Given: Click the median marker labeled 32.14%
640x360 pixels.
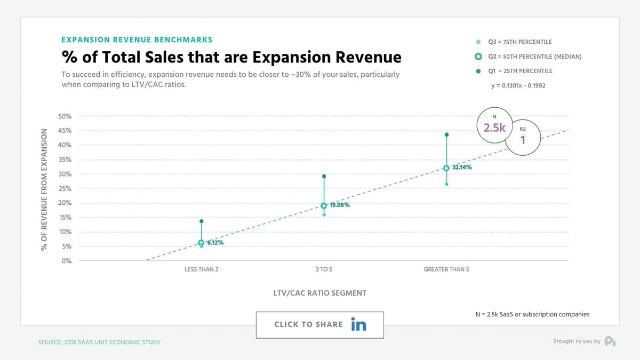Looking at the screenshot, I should point(446,168).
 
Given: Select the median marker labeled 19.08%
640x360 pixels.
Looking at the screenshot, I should point(324,206).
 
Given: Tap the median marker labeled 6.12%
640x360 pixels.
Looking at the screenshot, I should point(201,243).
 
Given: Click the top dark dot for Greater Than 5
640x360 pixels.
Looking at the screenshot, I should point(446,134).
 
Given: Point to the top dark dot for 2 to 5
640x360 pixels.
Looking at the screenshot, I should point(324,176).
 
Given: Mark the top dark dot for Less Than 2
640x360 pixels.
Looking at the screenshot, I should point(201,221).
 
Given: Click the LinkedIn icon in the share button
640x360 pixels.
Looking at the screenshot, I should point(358,324).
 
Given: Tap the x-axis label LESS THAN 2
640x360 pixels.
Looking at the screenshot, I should point(201,269).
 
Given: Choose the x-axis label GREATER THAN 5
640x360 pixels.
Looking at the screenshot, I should point(446,269).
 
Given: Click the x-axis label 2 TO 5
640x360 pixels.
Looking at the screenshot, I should point(324,269).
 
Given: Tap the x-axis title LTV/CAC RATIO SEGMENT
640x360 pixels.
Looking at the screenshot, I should point(320,293).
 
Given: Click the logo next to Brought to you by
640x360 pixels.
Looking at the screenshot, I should point(610,341).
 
